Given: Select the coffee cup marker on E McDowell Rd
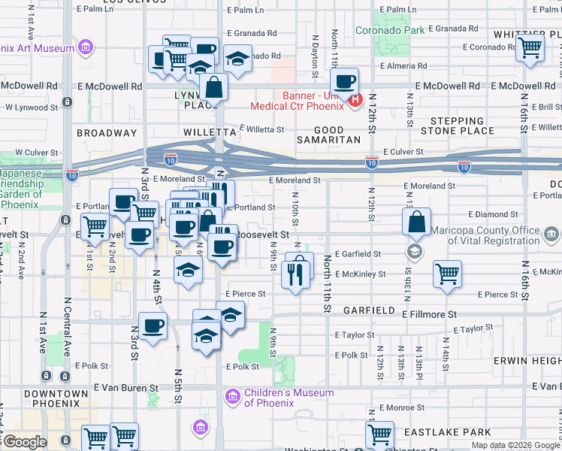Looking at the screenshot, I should coord(345,81).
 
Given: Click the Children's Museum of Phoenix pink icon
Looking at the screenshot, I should coord(232,395).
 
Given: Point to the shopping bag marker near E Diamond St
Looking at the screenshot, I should coord(416,222).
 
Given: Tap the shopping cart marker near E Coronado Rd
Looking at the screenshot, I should coord(530,48).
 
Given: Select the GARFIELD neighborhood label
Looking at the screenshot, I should coord(370,310).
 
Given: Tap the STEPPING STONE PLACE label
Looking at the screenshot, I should coord(457,126).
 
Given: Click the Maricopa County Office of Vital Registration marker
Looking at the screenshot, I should coord(413,250).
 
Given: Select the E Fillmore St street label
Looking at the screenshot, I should coord(429,313).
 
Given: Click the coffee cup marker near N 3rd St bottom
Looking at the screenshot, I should coord(153,327).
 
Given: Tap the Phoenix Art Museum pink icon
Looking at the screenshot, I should coord(86,49).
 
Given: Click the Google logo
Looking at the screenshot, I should coord(25,442).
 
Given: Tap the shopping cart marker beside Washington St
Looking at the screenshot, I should coord(379,434).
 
